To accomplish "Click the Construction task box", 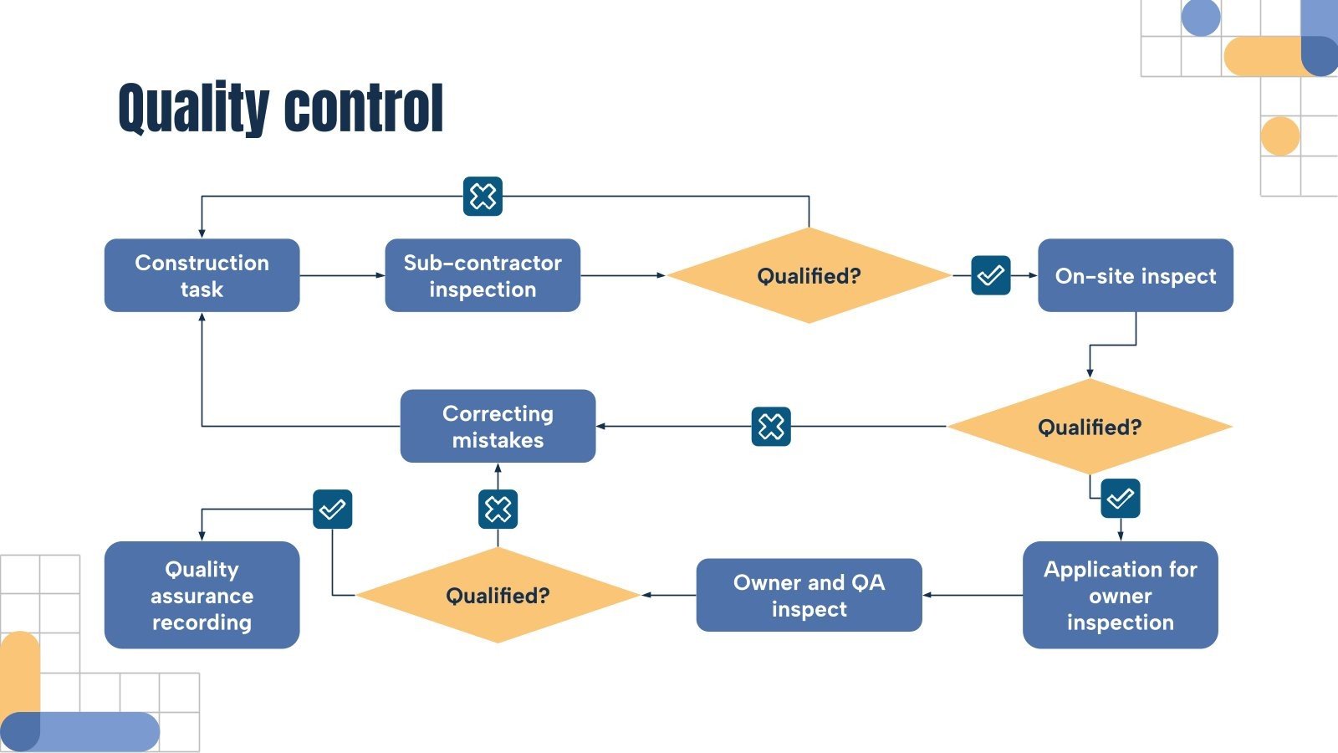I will click(202, 275).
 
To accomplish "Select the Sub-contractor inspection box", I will click(483, 275).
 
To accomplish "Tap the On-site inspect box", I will click(1135, 275).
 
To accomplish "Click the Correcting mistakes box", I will click(498, 426).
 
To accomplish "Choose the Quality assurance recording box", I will click(202, 595).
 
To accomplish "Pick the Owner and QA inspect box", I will click(809, 595).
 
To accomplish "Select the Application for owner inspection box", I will click(1120, 595).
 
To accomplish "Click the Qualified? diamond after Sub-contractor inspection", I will click(809, 275).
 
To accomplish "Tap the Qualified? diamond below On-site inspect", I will click(1089, 427).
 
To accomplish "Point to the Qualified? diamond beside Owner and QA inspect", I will click(498, 595).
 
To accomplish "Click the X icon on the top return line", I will click(483, 197).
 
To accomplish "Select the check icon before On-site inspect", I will click(991, 275).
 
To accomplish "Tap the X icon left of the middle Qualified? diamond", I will click(771, 427).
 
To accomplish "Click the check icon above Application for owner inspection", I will click(1121, 499).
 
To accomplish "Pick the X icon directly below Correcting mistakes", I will click(498, 509).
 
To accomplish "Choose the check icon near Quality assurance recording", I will click(332, 509).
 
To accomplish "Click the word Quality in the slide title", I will click(193, 109).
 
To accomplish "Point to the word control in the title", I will click(364, 109).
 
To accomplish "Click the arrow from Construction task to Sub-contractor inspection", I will click(341, 275).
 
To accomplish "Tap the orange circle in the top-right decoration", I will click(1279, 136).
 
